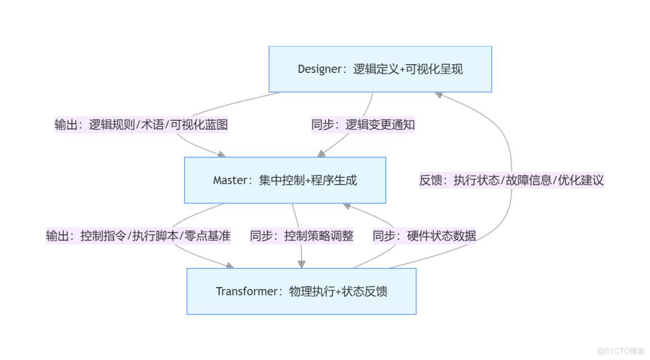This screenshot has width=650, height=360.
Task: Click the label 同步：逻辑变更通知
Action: click(363, 125)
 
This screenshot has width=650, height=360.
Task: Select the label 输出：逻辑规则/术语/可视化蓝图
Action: click(141, 125)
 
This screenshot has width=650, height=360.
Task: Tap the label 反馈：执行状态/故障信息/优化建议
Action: click(512, 181)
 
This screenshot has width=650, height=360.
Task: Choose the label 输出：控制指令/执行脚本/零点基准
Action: click(138, 236)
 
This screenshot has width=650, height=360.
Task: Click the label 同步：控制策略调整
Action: click(301, 236)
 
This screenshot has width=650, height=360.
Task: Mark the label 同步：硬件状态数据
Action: click(424, 236)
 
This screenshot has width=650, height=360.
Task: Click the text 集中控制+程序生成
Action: click(308, 181)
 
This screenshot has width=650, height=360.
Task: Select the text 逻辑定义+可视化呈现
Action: click(408, 69)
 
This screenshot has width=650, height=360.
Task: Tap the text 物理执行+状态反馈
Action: click(338, 291)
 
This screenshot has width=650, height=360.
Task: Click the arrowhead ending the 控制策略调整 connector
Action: click(301, 264)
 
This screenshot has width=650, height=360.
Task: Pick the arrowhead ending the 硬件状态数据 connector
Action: click(348, 206)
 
